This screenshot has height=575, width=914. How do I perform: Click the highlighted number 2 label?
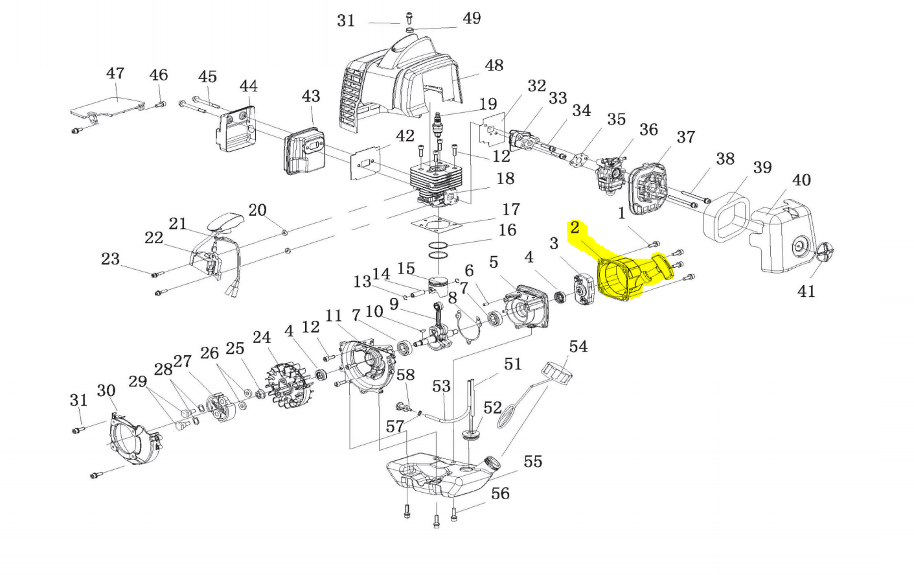tap(575, 228)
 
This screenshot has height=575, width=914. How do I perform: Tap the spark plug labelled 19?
tap(438, 124)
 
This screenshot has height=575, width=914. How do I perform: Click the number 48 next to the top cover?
tap(494, 65)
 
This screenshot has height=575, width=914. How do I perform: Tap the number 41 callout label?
tap(806, 291)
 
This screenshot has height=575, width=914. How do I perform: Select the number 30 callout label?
tap(106, 391)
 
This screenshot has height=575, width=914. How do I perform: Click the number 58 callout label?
tap(406, 375)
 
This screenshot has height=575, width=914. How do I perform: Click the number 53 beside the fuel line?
tap(441, 386)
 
